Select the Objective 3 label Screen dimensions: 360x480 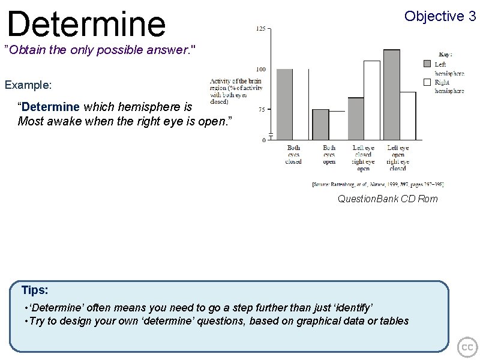pyautogui.click(x=440, y=16)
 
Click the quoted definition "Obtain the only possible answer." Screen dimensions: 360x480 pyautogui.click(x=100, y=49)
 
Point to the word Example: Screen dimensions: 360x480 pyautogui.click(x=28, y=85)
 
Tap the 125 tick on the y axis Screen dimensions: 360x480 pyautogui.click(x=262, y=28)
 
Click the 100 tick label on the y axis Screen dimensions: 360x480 pyautogui.click(x=262, y=70)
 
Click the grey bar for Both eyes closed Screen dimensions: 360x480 pyautogui.click(x=284, y=104)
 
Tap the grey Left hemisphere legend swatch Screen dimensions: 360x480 pyautogui.click(x=427, y=63)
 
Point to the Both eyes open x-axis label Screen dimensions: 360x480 pyautogui.click(x=329, y=155)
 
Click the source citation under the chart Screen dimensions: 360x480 pyautogui.click(x=377, y=184)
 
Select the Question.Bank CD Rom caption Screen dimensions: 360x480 pyautogui.click(x=388, y=199)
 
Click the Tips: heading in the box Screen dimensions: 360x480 pyautogui.click(x=35, y=290)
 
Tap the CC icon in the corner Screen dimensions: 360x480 pyautogui.click(x=467, y=347)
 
